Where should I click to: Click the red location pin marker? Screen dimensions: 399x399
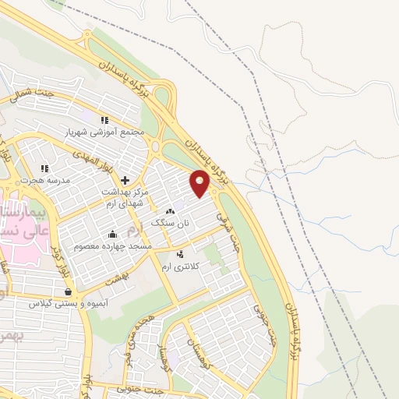tap(200, 183)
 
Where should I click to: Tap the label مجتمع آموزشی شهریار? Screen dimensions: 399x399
tap(116, 132)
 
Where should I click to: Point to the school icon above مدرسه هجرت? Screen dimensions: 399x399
tap(44, 168)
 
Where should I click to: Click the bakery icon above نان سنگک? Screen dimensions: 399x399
tap(171, 211)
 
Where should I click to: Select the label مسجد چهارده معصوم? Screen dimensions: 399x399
tap(112, 246)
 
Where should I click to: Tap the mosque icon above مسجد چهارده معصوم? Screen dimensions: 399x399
tap(113, 234)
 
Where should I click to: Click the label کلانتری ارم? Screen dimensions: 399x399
tap(181, 267)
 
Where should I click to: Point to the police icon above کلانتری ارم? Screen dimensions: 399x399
tap(181, 254)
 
